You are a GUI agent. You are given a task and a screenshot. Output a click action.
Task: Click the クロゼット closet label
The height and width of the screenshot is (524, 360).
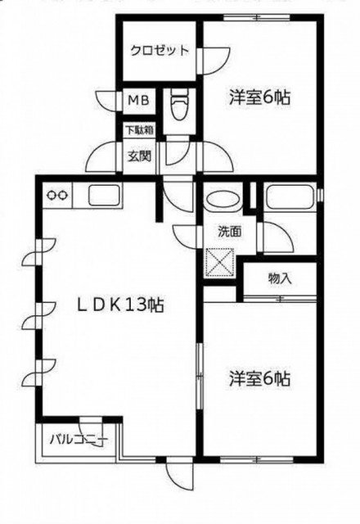pyautogui.click(x=160, y=51)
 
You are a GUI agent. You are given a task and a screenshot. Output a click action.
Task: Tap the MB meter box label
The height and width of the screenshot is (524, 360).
pyautogui.click(x=139, y=100)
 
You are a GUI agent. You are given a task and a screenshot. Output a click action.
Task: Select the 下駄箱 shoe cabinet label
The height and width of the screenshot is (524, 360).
pyautogui.click(x=140, y=130)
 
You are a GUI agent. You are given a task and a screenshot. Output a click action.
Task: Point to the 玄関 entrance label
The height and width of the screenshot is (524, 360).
pyautogui.click(x=139, y=156)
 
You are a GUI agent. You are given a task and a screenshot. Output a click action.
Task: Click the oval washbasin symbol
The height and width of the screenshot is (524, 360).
pyautogui.click(x=223, y=200)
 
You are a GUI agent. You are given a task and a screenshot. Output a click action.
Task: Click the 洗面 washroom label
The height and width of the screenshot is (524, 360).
pyautogui.click(x=230, y=232)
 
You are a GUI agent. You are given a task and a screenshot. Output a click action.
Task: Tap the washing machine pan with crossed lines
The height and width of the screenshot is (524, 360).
pyautogui.click(x=219, y=263)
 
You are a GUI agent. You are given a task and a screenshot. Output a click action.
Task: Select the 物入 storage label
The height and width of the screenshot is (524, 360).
pyautogui.click(x=280, y=278)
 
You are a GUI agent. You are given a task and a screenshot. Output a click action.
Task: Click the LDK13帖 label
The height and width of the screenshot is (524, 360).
pyautogui.click(x=120, y=305)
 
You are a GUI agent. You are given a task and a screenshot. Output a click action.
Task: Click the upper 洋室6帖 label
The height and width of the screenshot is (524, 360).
pyautogui.click(x=259, y=98)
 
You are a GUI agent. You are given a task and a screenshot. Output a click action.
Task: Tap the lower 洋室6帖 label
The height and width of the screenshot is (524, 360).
pyautogui.click(x=259, y=378)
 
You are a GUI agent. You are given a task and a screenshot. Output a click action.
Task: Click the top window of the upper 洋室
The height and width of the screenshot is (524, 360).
pyautogui.click(x=256, y=17)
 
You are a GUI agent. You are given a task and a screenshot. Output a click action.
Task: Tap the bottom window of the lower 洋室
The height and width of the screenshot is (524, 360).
pyautogui.click(x=256, y=459)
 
